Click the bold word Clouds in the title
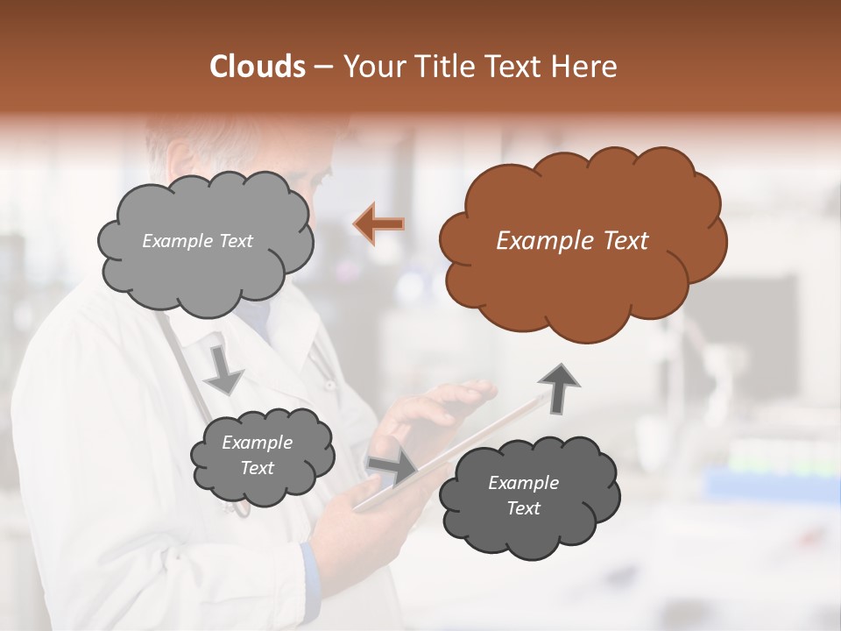(258, 67)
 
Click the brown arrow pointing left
(378, 224)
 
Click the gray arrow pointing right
(392, 468)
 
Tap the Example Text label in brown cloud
(572, 241)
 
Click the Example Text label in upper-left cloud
(197, 241)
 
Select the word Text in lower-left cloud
(257, 468)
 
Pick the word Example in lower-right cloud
(523, 482)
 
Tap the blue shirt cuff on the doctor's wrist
(307, 570)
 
